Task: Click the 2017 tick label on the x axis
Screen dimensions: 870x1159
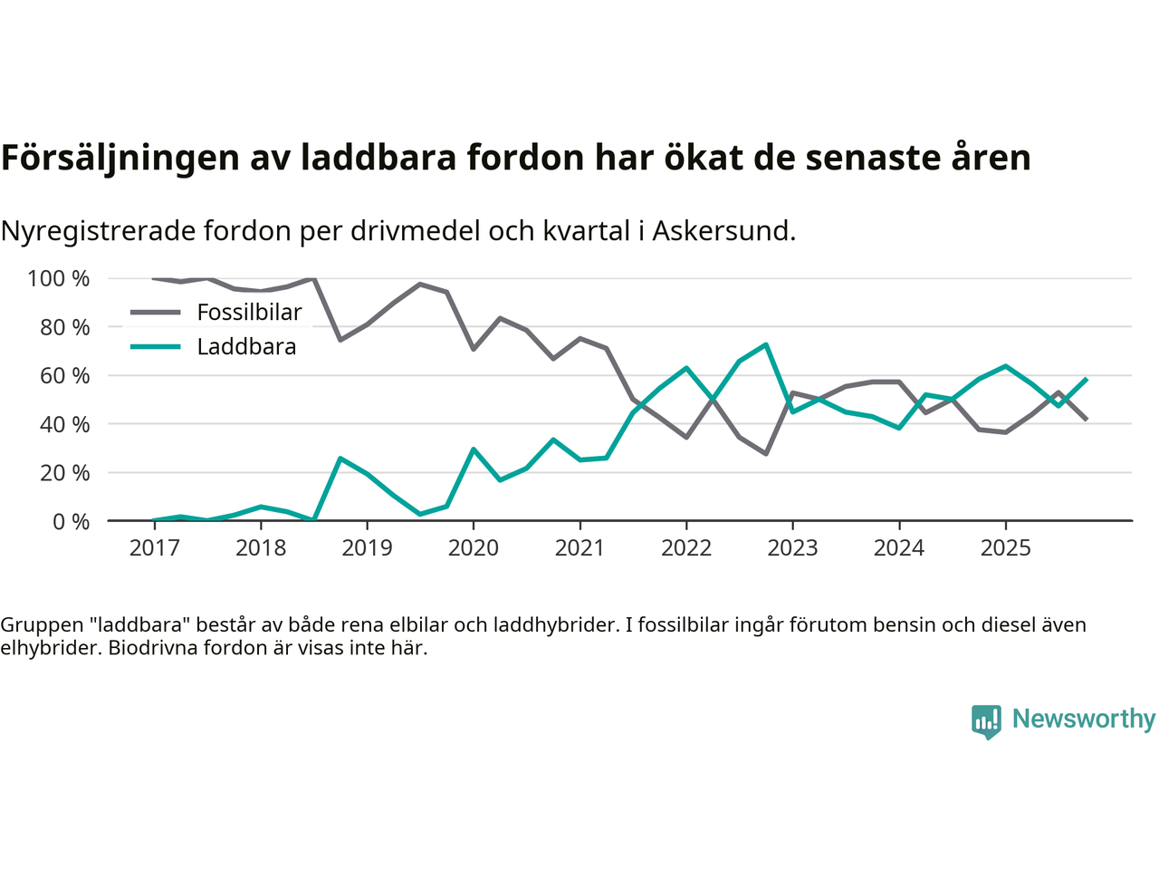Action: click(154, 548)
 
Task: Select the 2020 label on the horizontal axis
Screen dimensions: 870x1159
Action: click(474, 548)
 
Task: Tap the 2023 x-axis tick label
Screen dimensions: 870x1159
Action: click(792, 548)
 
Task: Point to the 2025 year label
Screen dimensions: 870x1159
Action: click(1005, 548)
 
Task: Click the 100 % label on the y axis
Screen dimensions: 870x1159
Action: click(59, 278)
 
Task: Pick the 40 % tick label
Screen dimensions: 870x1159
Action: click(64, 424)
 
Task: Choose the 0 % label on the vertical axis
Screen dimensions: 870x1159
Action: click(70, 521)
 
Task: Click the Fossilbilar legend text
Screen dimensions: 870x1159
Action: click(249, 313)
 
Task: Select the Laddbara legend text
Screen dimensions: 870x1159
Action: click(246, 347)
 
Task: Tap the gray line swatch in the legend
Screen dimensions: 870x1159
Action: click(156, 313)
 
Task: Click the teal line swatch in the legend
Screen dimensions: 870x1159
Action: click(156, 347)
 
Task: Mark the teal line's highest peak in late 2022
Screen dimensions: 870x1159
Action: click(766, 344)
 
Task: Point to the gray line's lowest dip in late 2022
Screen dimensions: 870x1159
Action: click(766, 453)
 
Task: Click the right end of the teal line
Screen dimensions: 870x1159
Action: click(1086, 379)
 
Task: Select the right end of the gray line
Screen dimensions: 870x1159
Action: click(1086, 419)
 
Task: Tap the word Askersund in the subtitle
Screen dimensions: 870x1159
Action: click(722, 231)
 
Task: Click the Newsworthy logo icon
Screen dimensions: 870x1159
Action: click(986, 721)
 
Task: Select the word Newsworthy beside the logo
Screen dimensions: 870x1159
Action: click(1083, 719)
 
